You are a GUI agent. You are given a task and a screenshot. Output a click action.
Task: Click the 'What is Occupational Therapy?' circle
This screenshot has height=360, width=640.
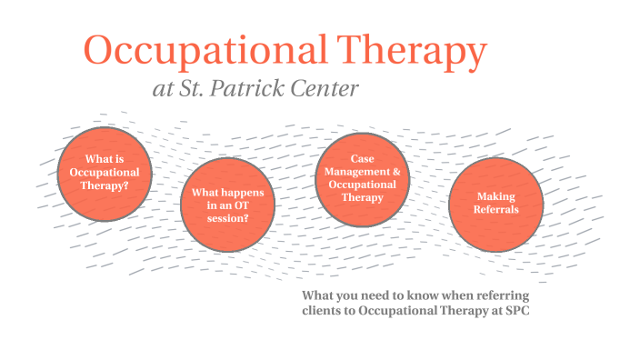click(105, 172)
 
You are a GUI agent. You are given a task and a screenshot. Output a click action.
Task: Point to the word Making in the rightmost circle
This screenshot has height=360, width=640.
click(495, 196)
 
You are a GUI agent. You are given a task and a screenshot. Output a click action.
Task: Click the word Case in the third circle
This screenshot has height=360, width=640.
click(362, 159)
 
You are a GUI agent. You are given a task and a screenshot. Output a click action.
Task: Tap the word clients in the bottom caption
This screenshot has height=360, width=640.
click(322, 311)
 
